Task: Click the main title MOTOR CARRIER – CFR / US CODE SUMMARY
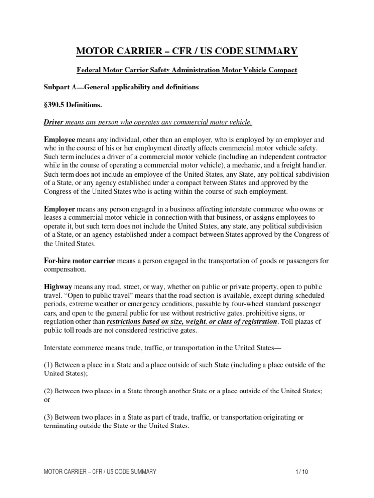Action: point(187,51)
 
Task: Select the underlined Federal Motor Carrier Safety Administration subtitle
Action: point(187,71)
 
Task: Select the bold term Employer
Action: point(59,209)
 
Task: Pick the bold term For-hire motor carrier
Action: point(79,261)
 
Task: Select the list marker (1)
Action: point(49,365)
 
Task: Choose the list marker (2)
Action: point(49,391)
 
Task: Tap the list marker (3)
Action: point(49,417)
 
